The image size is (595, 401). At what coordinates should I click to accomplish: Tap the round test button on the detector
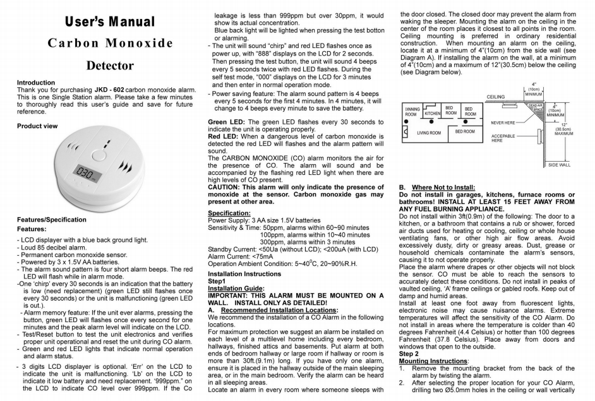(x=98, y=154)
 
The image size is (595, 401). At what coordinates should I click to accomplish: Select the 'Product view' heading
(x=37, y=126)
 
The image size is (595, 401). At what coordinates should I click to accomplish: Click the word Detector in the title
(x=109, y=65)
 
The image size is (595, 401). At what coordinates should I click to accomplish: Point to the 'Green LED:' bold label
(x=228, y=122)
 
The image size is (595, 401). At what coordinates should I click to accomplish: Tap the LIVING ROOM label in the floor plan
(x=429, y=133)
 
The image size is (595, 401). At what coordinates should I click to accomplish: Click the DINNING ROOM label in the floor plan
(x=411, y=112)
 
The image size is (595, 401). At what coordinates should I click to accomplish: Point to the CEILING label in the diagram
(x=498, y=97)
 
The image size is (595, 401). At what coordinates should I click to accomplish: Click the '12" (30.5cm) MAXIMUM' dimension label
(x=563, y=130)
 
